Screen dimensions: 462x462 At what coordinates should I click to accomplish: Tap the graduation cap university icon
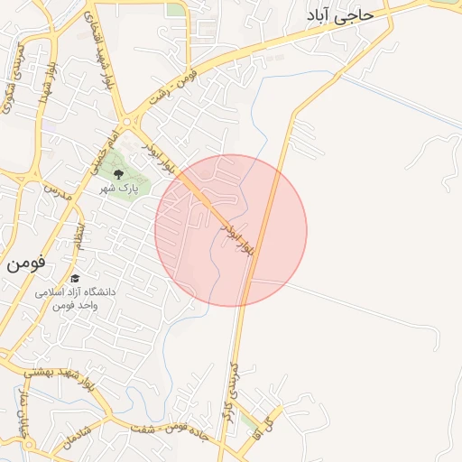[76, 279]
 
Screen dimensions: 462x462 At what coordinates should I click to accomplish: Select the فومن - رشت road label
[200, 79]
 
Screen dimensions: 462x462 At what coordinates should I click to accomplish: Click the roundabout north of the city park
[126, 124]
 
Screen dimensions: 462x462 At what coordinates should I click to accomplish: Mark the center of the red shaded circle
[231, 230]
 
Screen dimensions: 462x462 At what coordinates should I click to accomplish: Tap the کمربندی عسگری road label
[16, 77]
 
